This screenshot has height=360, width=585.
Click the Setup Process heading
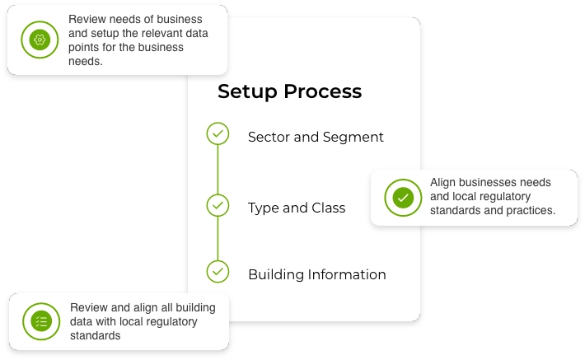(x=289, y=91)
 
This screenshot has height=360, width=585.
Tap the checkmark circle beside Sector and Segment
(x=218, y=133)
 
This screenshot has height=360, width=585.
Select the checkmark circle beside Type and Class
(x=218, y=205)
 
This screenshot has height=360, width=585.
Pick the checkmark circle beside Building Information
(x=218, y=271)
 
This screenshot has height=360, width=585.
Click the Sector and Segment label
(x=316, y=138)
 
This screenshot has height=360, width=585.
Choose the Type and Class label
(x=297, y=208)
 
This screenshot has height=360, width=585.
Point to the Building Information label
(x=317, y=274)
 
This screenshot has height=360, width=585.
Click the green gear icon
(x=40, y=40)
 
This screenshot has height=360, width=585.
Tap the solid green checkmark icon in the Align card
(x=403, y=198)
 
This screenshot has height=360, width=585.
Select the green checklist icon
(x=41, y=321)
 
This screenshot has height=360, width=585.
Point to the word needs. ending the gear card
(x=86, y=61)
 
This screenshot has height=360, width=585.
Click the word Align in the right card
(x=442, y=183)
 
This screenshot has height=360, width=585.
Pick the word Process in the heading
(x=323, y=91)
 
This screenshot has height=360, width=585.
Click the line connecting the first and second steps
(x=218, y=170)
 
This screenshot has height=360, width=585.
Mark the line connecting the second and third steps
(x=218, y=238)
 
